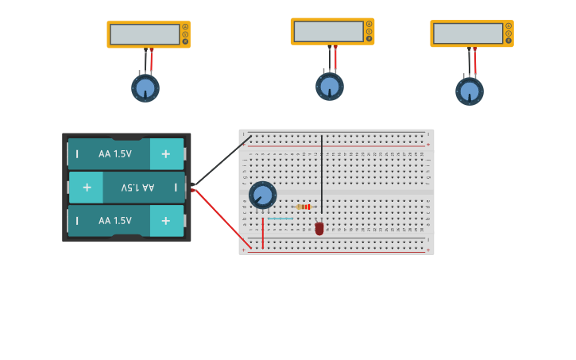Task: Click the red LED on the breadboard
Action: click(319, 228)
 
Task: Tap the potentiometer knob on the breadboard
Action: click(262, 195)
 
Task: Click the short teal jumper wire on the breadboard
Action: click(280, 218)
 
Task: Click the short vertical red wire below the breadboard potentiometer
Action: click(263, 232)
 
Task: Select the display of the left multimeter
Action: click(145, 34)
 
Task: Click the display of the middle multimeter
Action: click(328, 31)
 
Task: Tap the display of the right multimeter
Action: click(468, 33)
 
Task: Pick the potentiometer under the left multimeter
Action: click(145, 87)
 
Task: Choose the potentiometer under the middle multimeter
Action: click(330, 86)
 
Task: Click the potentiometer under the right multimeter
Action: click(470, 91)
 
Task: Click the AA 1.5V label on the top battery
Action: click(115, 153)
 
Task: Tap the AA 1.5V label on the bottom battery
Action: click(115, 221)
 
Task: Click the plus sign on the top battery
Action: click(166, 153)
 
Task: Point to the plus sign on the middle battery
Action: click(86, 188)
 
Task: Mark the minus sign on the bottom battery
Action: click(77, 221)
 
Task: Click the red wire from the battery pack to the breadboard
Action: click(222, 219)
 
